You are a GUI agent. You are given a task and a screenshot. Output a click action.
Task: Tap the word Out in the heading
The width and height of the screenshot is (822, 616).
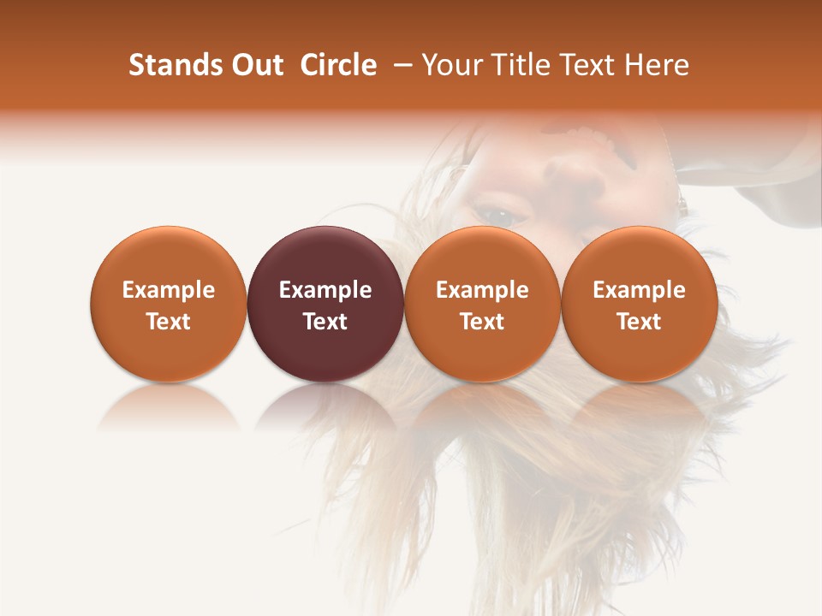tap(255, 65)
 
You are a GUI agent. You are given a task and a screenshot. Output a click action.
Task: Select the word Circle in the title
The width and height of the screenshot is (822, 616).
tap(338, 65)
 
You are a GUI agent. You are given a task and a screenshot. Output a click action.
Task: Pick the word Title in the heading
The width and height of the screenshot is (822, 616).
tap(518, 65)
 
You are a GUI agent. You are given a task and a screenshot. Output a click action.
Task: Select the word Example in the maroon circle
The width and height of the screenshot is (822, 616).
tap(325, 290)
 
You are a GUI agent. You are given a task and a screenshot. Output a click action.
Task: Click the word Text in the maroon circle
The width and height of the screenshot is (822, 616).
tap(325, 322)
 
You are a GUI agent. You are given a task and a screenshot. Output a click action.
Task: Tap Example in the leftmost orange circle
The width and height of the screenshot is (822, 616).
tap(169, 290)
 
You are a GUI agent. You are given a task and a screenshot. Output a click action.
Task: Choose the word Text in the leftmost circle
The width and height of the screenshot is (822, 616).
tap(169, 322)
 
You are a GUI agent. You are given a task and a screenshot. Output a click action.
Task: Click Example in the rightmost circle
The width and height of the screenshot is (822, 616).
tap(640, 290)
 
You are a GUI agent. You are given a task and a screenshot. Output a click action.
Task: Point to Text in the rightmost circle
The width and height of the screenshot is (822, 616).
tap(640, 322)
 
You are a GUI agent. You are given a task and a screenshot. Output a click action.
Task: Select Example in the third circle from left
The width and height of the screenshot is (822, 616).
tap(482, 290)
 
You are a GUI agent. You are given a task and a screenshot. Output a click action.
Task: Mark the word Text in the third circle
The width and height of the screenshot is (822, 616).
tap(482, 322)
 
